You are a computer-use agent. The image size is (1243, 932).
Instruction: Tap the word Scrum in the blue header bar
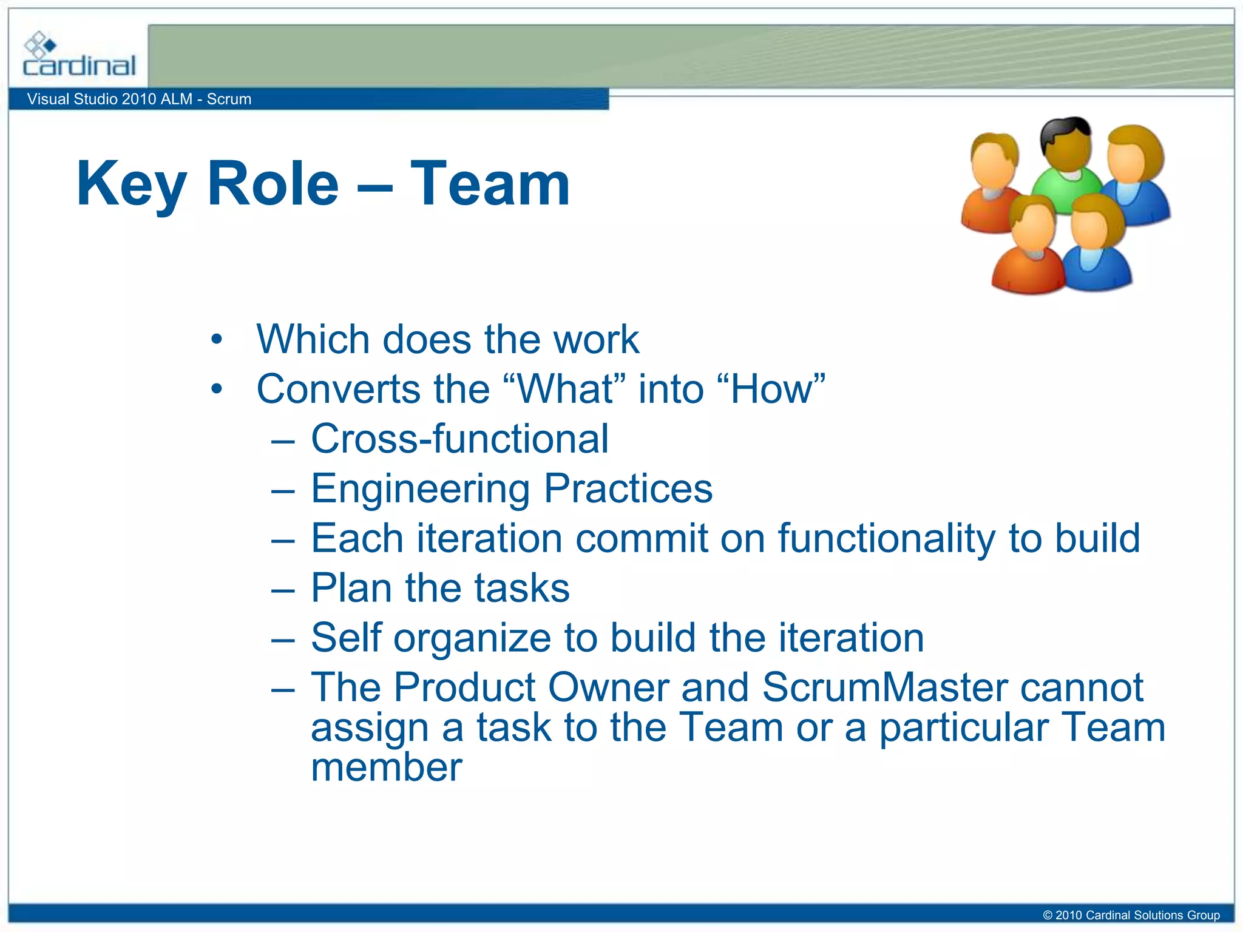pyautogui.click(x=229, y=99)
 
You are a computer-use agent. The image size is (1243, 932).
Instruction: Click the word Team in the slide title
pyautogui.click(x=490, y=183)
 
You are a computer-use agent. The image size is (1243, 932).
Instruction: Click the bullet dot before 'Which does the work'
pyautogui.click(x=217, y=339)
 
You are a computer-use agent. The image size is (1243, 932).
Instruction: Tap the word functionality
pyautogui.click(x=887, y=539)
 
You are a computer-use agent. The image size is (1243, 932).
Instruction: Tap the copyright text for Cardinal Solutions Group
pyautogui.click(x=1131, y=915)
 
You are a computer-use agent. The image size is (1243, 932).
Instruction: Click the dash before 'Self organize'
pyautogui.click(x=283, y=639)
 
